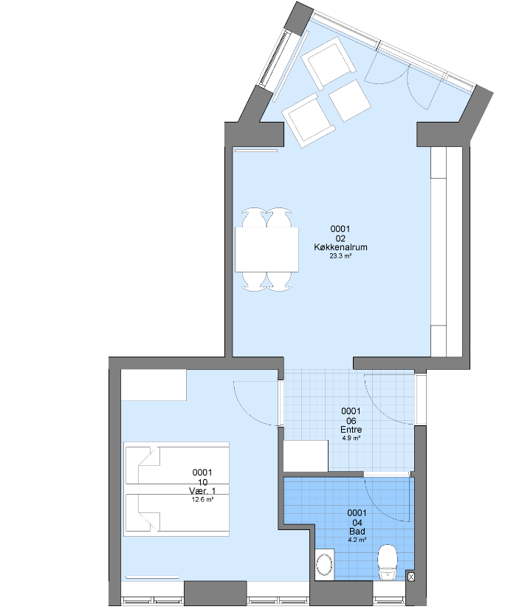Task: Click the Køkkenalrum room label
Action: (340, 247)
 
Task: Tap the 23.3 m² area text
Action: (340, 256)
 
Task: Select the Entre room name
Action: (351, 430)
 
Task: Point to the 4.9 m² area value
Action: (351, 438)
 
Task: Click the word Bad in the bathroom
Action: (357, 532)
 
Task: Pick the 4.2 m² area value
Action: (357, 540)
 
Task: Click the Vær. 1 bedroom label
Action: (202, 491)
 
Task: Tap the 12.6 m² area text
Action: (202, 500)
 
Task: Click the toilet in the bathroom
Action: (388, 562)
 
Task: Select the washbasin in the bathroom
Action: (325, 563)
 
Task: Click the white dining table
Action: (267, 250)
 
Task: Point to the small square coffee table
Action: (349, 101)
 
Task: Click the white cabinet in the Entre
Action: (306, 456)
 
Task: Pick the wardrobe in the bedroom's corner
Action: (154, 385)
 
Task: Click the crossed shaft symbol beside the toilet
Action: (410, 577)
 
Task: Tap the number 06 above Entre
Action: (351, 421)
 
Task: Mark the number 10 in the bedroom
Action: (202, 482)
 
